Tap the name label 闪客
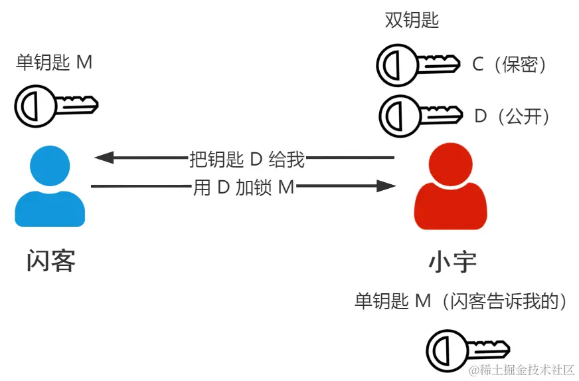(50, 261)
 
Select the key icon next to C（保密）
(418, 65)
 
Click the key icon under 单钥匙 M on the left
(56, 104)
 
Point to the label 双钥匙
(412, 21)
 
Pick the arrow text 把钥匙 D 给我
(247, 159)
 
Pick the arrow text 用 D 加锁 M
(243, 188)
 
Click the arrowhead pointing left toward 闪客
(104, 158)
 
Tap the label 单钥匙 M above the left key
(54, 63)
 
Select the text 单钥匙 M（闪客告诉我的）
(462, 301)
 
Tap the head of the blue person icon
(50, 166)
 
